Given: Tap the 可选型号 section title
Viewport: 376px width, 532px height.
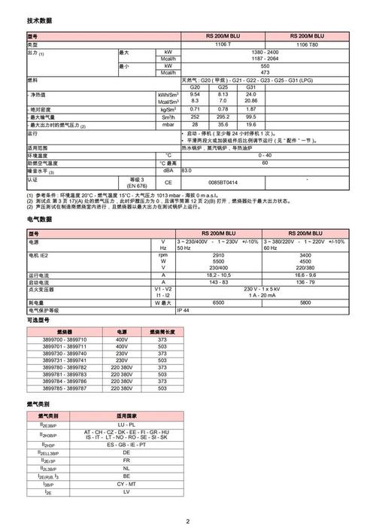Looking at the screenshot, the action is pyautogui.click(x=39, y=321).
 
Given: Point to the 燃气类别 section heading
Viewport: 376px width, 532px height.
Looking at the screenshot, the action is pyautogui.click(x=39, y=405).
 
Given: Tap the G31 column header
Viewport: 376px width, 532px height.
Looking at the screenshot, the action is pyautogui.click(x=251, y=87).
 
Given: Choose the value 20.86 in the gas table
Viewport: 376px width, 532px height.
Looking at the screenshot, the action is pyautogui.click(x=251, y=101).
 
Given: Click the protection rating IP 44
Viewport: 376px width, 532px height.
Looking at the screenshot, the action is pyautogui.click(x=183, y=310).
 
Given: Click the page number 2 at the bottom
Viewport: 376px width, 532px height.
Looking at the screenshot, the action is pyautogui.click(x=188, y=521).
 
